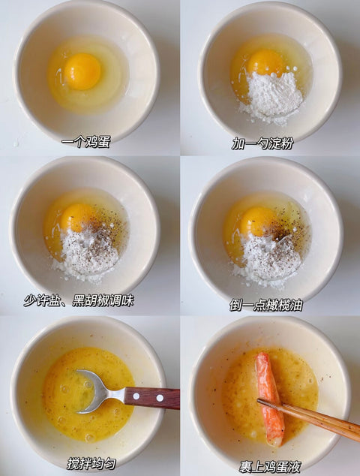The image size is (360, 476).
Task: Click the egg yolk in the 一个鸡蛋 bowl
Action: pos(82,71)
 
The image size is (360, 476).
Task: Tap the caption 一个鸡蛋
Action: pos(85,142)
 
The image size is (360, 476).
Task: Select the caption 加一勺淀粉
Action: pos(262,143)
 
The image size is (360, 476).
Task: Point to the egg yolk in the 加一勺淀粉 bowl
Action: pos(265,63)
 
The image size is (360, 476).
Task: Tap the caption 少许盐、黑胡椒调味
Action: pos(79,300)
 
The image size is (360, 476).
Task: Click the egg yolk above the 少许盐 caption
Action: pos(77,218)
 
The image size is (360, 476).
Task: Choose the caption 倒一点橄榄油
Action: pos(266,305)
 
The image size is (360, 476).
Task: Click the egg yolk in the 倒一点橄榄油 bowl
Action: pos(257,221)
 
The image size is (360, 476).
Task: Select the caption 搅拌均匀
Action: pos(91,464)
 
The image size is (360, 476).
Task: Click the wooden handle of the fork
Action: pos(152,398)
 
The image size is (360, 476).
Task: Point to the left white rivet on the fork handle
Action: pos(136,396)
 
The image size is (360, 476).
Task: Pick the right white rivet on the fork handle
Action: pos(160,398)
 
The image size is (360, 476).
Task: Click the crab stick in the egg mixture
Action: pos(270,399)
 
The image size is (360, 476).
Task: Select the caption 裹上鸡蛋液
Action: pos(270,466)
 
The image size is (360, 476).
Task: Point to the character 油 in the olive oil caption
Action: pos(296,305)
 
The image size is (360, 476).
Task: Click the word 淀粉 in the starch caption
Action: pos(281,143)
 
